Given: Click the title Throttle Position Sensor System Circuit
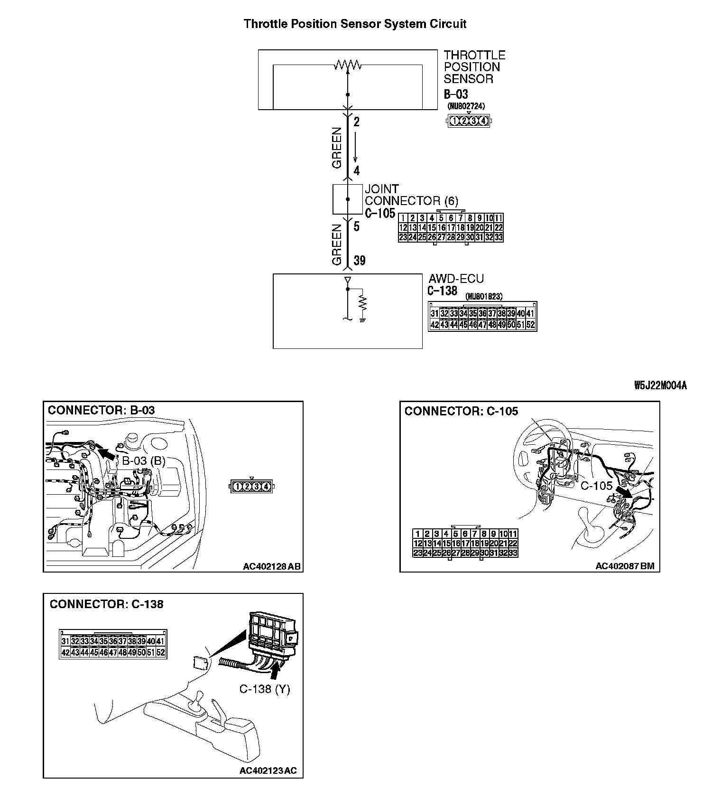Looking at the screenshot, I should (355, 24).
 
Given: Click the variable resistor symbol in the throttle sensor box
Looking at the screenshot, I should (348, 66).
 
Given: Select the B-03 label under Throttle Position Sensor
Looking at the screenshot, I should (455, 94).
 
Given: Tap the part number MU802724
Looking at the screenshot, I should (466, 106).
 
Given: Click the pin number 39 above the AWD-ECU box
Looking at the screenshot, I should (360, 261).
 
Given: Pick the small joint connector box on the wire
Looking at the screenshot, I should (347, 199).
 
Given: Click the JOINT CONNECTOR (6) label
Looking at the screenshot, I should (411, 195).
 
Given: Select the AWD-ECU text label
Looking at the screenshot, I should (456, 279).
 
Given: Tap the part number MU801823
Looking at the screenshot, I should (483, 296).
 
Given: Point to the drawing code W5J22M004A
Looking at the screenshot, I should (660, 385).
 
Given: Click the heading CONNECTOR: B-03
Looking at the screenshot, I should (101, 410).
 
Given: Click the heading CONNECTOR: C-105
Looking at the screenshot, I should (461, 411).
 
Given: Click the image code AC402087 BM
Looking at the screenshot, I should (625, 566).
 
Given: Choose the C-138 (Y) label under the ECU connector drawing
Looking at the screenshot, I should (264, 689).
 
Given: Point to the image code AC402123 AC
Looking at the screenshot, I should (268, 770).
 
